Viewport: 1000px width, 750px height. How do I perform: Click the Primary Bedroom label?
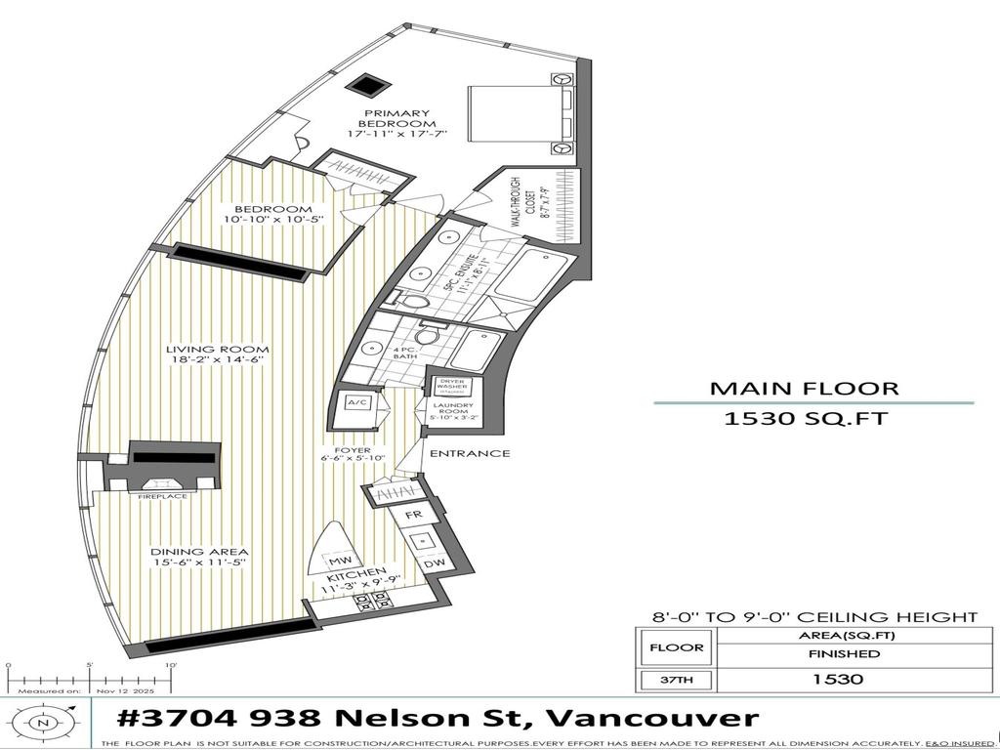coord(396,118)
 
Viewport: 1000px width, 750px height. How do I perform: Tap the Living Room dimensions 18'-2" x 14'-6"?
coord(218,360)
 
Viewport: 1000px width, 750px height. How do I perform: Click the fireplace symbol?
coord(161,483)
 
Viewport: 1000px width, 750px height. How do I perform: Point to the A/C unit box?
coord(352,403)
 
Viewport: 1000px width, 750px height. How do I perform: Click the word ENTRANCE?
coord(470,453)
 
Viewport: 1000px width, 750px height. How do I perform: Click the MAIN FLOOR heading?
coord(804,388)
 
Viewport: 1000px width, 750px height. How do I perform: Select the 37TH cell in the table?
coord(675,680)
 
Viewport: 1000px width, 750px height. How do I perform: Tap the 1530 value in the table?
coord(844,680)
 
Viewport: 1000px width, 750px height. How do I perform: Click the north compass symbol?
coord(42,723)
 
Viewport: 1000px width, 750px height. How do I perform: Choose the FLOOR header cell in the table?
coord(676,646)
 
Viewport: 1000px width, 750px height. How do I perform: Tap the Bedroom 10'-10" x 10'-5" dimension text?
coord(273,220)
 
